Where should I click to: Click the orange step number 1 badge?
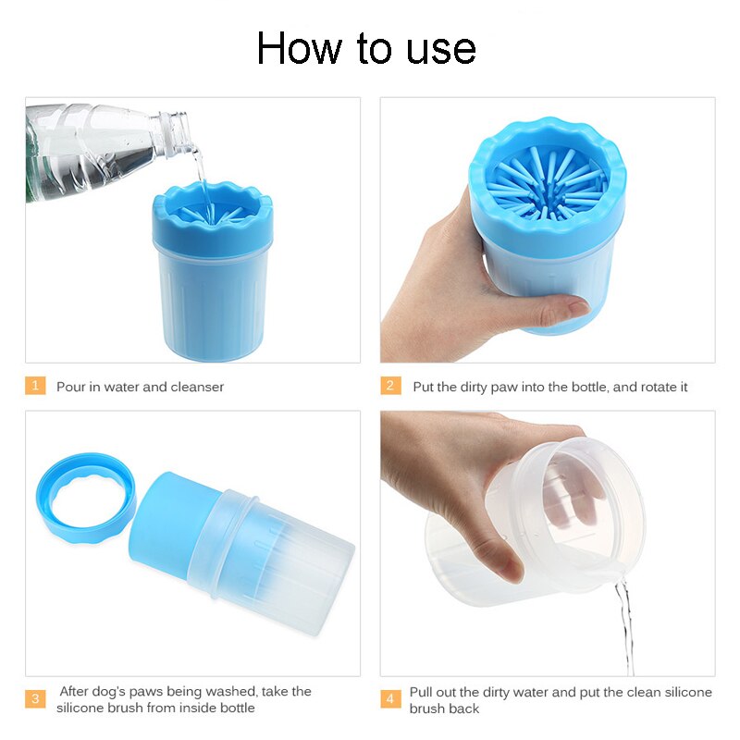click(35, 386)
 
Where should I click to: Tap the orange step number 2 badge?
click(390, 386)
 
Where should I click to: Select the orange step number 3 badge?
click(35, 698)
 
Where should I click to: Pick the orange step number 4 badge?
click(390, 698)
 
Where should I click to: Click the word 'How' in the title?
click(300, 48)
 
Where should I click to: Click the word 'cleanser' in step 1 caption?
click(197, 387)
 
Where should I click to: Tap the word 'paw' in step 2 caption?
click(504, 388)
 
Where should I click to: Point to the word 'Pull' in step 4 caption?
click(421, 692)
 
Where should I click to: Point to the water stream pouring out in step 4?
click(625, 623)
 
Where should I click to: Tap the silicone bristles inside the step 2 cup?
click(548, 184)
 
